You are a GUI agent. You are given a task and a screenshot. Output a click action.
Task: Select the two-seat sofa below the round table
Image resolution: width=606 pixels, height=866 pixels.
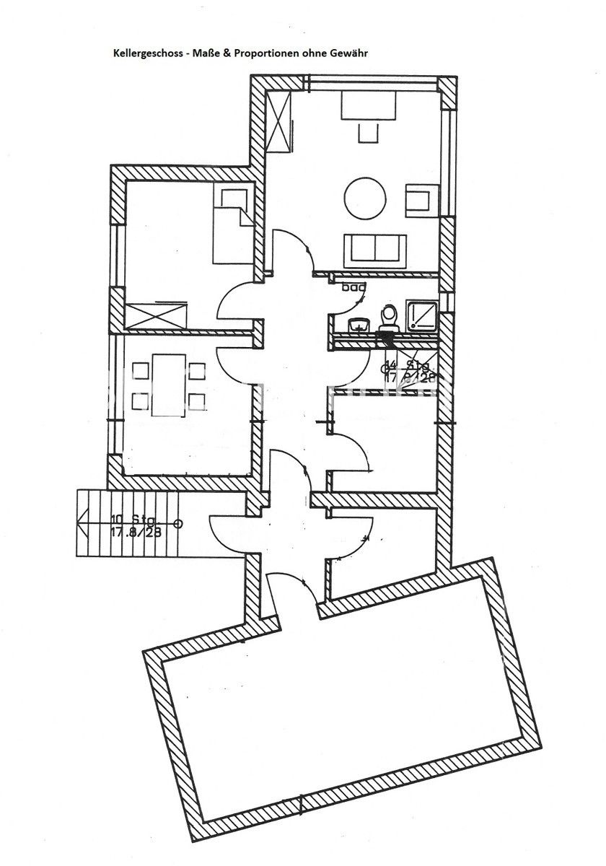(x=376, y=249)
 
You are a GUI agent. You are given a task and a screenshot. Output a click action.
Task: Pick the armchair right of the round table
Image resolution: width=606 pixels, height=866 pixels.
(x=420, y=199)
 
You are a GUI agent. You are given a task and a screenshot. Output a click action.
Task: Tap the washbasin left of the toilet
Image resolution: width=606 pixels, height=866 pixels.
(x=357, y=324)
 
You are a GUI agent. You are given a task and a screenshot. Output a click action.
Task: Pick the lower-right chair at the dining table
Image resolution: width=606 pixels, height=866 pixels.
(x=196, y=400)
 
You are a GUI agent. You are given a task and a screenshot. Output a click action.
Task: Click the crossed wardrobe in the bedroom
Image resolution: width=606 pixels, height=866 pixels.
(x=156, y=316)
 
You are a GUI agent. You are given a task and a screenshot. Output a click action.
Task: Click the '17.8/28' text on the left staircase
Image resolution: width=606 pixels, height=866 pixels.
(x=135, y=533)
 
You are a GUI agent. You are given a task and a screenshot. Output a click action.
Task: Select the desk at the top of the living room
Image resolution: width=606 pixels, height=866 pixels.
(x=368, y=108)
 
